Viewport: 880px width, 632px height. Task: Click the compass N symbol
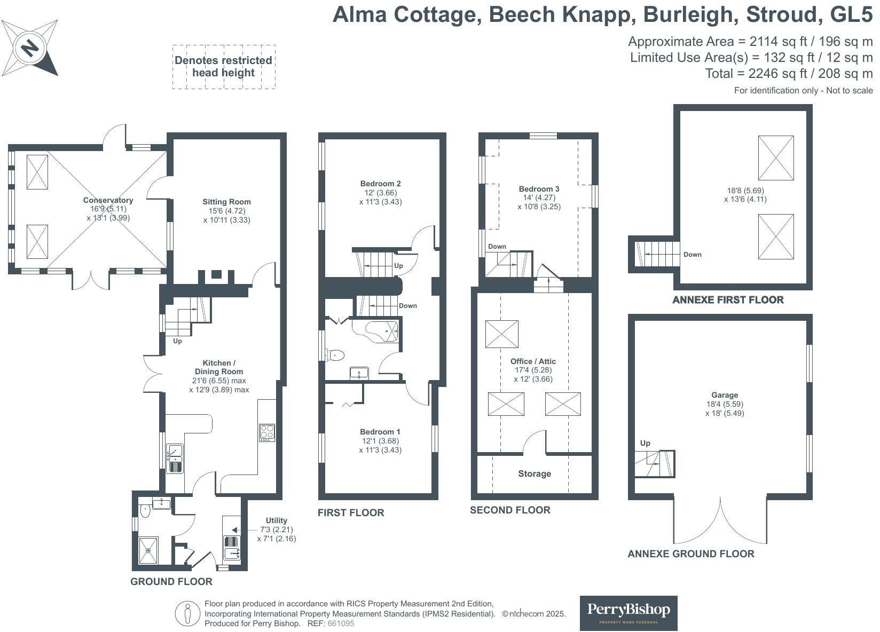30,48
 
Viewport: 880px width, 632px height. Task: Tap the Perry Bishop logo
628,613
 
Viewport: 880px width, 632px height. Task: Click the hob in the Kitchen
267,432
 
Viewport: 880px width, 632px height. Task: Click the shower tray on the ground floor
148,550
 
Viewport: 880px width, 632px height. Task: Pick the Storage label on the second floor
535,473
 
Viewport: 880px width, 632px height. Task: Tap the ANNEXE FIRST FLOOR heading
728,299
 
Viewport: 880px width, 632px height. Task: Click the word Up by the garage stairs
645,443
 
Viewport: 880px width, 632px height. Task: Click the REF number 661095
341,623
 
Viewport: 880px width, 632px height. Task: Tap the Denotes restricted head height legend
224,67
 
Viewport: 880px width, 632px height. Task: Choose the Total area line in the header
789,74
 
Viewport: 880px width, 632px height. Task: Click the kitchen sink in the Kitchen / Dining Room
175,459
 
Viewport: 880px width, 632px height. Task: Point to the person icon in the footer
187,613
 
